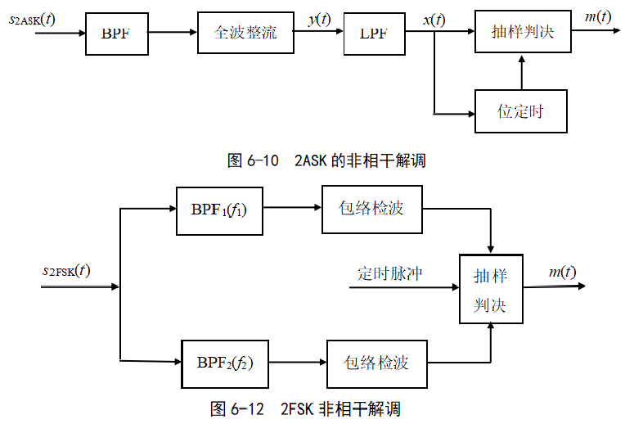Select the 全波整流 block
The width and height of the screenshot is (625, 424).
pos(245,34)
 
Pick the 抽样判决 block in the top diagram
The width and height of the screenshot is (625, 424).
pos(522,33)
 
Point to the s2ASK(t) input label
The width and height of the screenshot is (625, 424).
pos(32,17)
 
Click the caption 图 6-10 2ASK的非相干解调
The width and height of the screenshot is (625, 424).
pos(326,160)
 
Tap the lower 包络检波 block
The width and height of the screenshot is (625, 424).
pos(376,363)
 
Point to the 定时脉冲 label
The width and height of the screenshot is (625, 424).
pos(389,273)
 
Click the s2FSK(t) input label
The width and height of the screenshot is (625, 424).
pos(66,269)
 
